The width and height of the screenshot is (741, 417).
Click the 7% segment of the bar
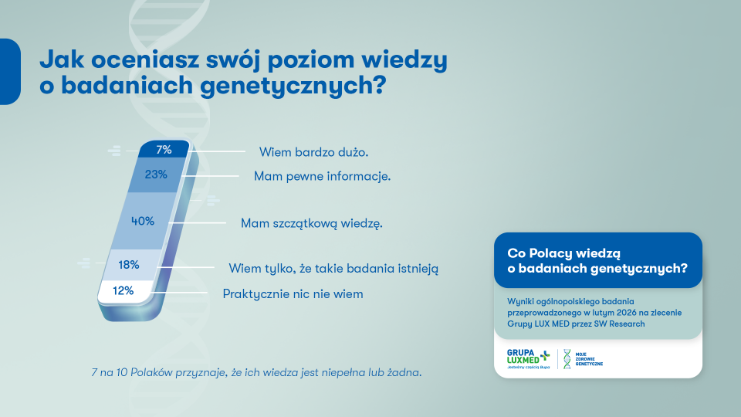(163, 150)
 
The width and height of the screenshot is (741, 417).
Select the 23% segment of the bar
(157, 175)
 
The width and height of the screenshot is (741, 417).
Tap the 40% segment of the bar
(143, 221)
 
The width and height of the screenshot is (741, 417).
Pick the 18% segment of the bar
(129, 265)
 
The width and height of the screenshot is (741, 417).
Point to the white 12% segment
(123, 291)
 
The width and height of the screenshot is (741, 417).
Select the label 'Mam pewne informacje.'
(323, 176)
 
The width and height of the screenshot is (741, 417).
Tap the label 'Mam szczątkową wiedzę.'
(312, 223)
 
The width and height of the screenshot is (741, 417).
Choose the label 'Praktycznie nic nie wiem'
(293, 294)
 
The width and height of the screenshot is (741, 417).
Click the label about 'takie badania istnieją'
(333, 269)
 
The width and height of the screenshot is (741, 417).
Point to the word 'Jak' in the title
(61, 59)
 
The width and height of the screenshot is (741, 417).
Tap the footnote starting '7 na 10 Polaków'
(257, 373)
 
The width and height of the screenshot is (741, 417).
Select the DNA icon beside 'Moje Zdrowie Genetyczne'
(567, 359)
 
